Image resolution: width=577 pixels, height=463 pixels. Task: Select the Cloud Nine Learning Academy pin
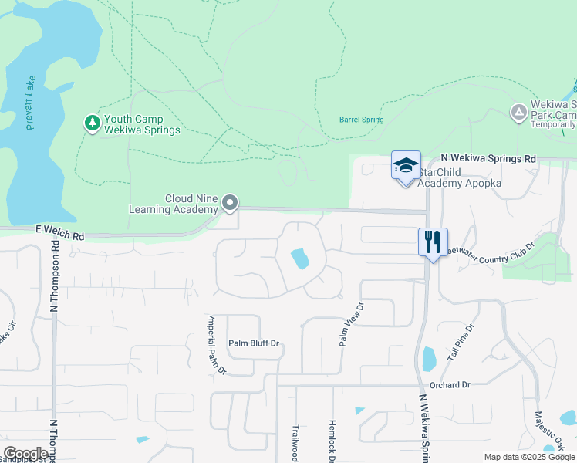(229, 204)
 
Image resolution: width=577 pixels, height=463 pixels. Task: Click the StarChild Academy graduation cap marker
(406, 165)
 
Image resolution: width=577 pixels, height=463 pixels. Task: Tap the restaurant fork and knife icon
(433, 242)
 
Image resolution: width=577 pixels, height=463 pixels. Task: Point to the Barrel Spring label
(361, 120)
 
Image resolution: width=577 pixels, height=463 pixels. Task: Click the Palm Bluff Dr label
(253, 343)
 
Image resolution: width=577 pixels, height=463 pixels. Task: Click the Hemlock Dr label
(332, 441)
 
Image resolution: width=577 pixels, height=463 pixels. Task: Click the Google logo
(25, 454)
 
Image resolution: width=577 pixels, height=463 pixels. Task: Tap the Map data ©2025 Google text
(528, 457)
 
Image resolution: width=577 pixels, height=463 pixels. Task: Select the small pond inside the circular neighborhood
(299, 259)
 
